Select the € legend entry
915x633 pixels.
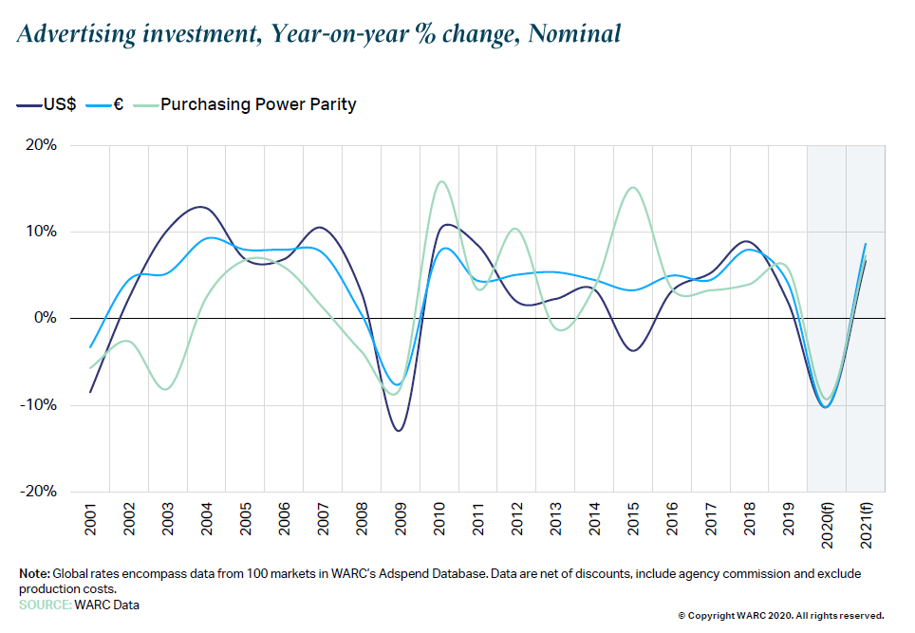[119, 105]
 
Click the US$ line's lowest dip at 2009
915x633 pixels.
[399, 431]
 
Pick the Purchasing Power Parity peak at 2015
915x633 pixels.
[633, 187]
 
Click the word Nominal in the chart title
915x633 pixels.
[574, 35]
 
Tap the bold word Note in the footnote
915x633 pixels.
[34, 575]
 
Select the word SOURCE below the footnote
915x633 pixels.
[45, 605]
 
